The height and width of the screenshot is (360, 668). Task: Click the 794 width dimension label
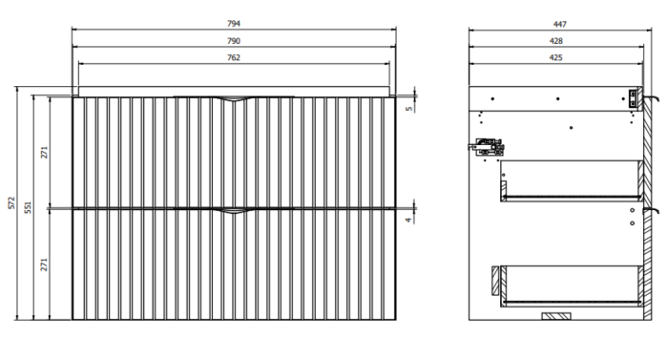pos(234,24)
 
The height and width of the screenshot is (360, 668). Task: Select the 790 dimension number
pos(234,41)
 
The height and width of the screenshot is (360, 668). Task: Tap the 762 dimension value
pos(234,58)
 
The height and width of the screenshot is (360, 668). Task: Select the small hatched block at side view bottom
pos(553,314)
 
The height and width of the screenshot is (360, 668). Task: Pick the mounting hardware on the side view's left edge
pos(485,147)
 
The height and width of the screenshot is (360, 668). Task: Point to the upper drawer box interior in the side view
pos(571,179)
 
